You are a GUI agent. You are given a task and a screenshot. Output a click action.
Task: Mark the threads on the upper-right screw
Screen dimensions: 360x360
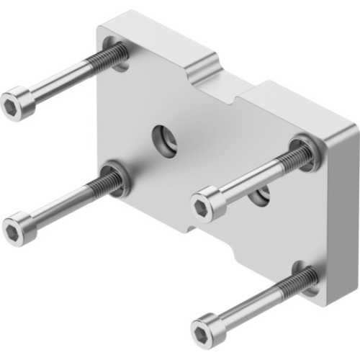tap(294, 156)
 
